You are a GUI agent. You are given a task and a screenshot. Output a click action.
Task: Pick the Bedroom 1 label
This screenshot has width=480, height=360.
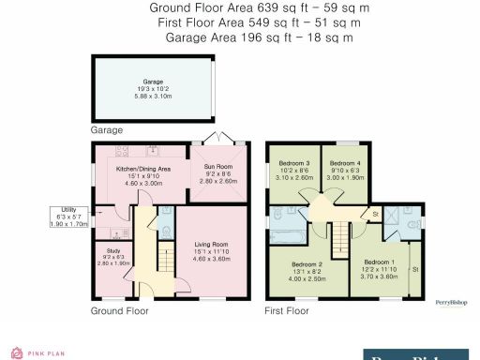pos(378,266)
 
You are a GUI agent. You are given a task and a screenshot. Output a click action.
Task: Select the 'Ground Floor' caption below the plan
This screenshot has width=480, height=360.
pos(119,309)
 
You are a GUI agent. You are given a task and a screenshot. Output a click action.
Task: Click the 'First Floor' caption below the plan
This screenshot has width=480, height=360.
pos(287,309)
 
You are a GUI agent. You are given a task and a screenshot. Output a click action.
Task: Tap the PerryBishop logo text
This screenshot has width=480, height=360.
pos(451,301)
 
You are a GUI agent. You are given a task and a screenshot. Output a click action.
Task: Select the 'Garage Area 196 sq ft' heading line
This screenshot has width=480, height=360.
pos(259,37)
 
